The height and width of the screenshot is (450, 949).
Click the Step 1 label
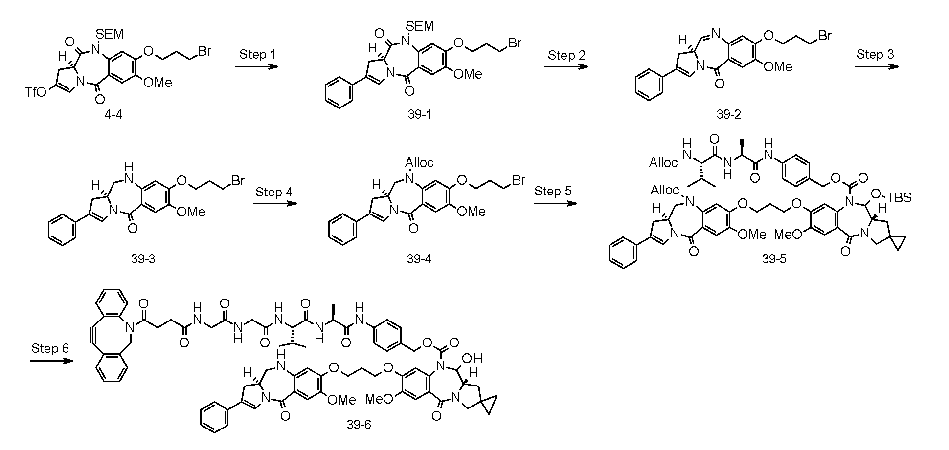pyautogui.click(x=257, y=54)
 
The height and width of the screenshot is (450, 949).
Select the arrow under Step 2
pyautogui.click(x=566, y=67)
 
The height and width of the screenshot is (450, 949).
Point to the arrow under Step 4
pyautogui.click(x=275, y=204)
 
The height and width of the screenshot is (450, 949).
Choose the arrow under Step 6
pyautogui.click(x=52, y=361)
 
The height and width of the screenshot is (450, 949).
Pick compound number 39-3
pyautogui.click(x=143, y=259)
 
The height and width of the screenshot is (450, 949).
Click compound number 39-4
pyautogui.click(x=420, y=259)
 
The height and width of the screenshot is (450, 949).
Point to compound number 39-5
pyautogui.click(x=774, y=259)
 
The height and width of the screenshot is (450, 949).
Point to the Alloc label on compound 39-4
pyautogui.click(x=419, y=162)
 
